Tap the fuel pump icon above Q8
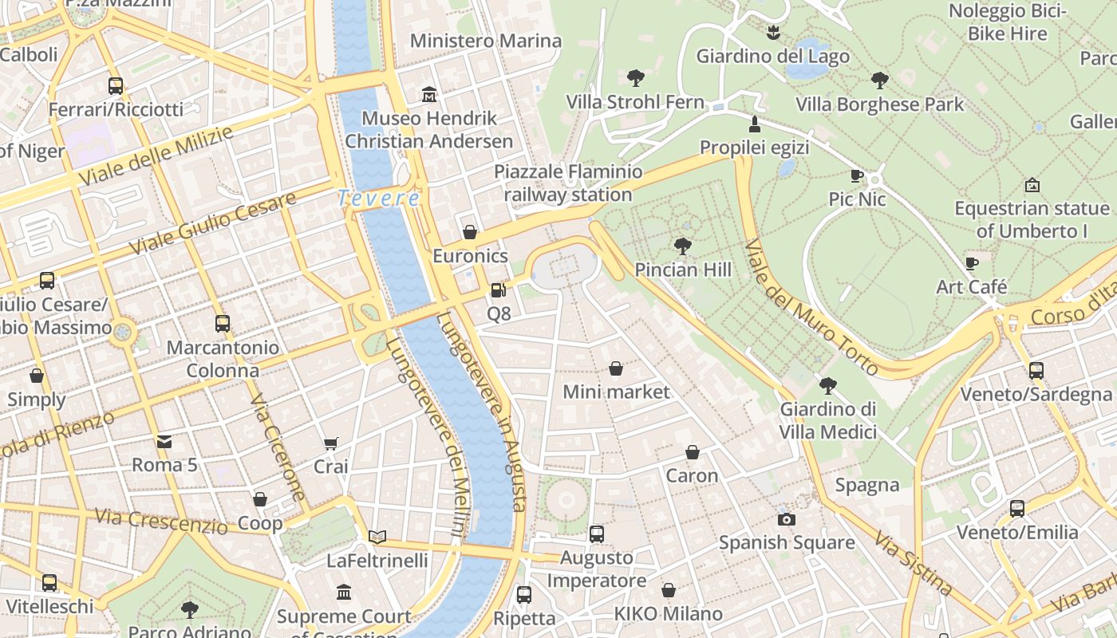(498, 290)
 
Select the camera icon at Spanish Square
(786, 519)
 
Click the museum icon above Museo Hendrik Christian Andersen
(429, 94)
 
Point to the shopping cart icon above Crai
(331, 443)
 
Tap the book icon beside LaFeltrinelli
(377, 537)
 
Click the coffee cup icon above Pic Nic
(857, 175)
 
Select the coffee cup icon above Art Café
(971, 263)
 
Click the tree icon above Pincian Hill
(682, 246)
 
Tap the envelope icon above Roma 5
(164, 441)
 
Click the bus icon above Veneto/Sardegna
(1036, 370)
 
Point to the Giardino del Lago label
(772, 57)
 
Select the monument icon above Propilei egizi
(754, 124)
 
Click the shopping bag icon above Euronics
(470, 232)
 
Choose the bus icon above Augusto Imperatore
(596, 534)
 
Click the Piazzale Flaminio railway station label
(567, 183)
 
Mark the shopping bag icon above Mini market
(616, 368)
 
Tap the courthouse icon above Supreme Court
(344, 593)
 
